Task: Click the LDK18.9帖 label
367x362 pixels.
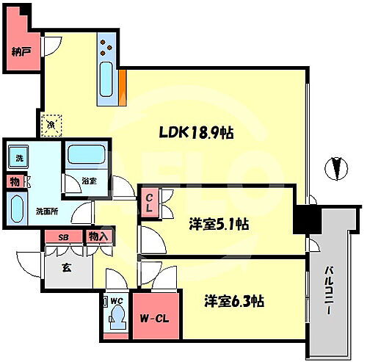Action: point(197,133)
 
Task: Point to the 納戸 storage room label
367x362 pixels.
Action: point(21,52)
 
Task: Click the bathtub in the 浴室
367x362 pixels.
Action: point(87,156)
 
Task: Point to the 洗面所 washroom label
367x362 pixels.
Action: point(47,212)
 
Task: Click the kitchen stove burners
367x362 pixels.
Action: point(106,46)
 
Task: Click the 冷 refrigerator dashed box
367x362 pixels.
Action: point(51,126)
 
